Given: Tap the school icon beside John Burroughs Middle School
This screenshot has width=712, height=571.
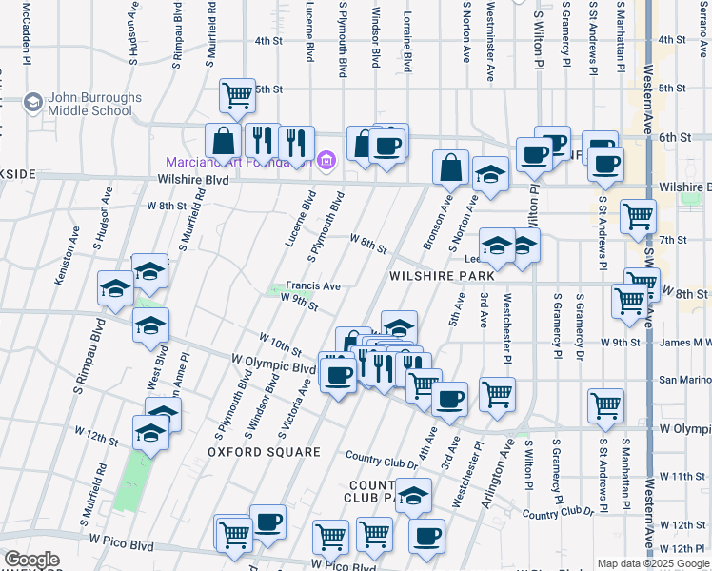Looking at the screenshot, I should click(33, 102).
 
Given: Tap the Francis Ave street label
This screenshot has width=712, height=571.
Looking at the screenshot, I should click(313, 285).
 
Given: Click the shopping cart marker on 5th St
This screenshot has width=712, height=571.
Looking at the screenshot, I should click(237, 95).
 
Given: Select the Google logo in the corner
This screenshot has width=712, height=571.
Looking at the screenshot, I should click(31, 560).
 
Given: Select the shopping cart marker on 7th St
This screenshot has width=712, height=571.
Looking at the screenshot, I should click(638, 215).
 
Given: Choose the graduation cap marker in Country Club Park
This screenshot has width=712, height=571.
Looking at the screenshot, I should click(413, 495).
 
